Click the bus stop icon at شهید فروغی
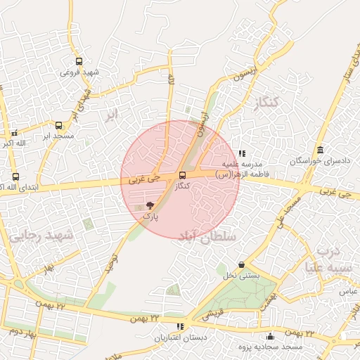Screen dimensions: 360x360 pyautogui.click(x=79, y=61)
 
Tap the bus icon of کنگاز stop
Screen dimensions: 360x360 pyautogui.click(x=183, y=175)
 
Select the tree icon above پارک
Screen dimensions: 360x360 pyautogui.click(x=150, y=205)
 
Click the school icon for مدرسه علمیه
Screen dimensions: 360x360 pyautogui.click(x=243, y=153)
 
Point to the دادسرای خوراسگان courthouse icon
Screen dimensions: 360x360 pyautogui.click(x=321, y=150)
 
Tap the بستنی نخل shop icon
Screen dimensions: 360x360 pyautogui.click(x=242, y=264)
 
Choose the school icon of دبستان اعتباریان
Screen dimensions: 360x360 pyautogui.click(x=181, y=326)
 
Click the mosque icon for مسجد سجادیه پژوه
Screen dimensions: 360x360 pyautogui.click(x=271, y=336)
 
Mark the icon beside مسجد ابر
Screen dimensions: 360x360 pyautogui.click(x=14, y=132)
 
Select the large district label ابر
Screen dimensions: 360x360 pyautogui.click(x=110, y=115)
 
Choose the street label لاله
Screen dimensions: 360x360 pyautogui.click(x=170, y=82)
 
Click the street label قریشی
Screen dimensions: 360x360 pyautogui.click(x=212, y=314)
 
